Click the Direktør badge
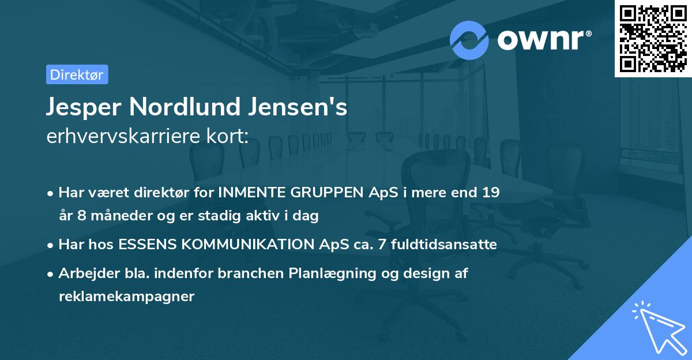(76, 74)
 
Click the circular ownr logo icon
(469, 40)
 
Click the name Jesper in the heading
(83, 108)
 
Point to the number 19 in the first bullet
(491, 193)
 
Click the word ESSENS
(148, 245)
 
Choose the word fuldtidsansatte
(443, 245)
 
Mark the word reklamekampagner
(126, 297)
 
